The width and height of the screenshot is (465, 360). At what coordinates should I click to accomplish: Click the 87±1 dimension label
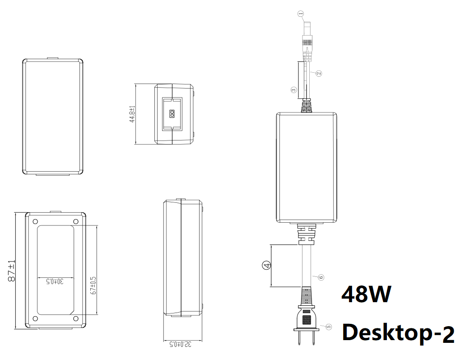tap(12, 271)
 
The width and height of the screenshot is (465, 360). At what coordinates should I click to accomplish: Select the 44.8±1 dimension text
tap(132, 114)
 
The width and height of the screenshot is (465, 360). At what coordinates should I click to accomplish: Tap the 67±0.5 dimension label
tap(94, 285)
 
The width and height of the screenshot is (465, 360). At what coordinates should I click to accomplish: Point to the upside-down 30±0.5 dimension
tap(55, 281)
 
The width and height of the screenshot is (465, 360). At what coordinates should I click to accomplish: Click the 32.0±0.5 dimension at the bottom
tap(180, 344)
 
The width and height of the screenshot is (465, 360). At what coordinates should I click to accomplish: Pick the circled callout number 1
tap(300, 14)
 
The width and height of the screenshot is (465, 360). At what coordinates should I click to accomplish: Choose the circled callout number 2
tap(319, 73)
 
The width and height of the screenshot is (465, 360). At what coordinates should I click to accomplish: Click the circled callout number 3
tap(293, 89)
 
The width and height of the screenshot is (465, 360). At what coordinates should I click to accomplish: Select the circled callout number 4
tap(267, 265)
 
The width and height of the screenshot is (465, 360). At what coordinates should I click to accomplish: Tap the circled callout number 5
tap(329, 327)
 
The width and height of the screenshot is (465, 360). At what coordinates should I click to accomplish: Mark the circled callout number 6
tap(321, 277)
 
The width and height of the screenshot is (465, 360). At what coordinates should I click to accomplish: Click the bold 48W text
tap(366, 295)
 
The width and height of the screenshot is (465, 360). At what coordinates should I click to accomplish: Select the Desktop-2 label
tap(398, 333)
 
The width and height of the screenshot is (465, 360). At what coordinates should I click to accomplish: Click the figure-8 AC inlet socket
tap(172, 114)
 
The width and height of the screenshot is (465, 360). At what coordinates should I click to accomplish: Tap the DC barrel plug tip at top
tap(307, 28)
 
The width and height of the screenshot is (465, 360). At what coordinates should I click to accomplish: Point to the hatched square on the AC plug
tap(307, 319)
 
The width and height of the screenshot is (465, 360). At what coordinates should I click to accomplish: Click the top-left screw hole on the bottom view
tap(35, 221)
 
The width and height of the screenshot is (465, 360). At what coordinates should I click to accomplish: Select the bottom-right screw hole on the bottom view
tap(76, 319)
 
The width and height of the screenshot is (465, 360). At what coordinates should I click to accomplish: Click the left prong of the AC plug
tap(300, 338)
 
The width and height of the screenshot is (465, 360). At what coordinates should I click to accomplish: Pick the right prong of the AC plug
tap(313, 338)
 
